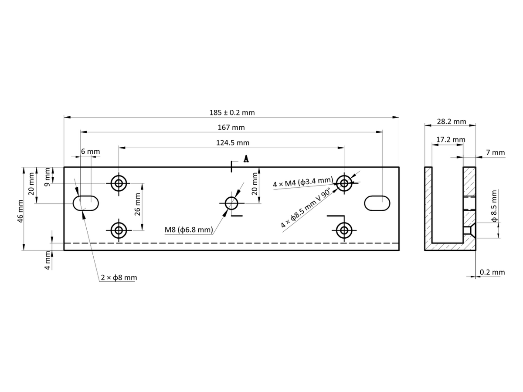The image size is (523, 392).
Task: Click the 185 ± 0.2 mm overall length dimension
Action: (232, 112)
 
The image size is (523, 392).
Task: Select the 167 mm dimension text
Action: (231, 127)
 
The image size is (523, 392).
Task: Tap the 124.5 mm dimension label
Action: (233, 142)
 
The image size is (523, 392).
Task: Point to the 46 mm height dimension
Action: (20, 211)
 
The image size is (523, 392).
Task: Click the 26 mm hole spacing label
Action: (137, 204)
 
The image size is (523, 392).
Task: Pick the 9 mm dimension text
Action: (48, 177)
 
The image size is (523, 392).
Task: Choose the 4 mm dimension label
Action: (48, 260)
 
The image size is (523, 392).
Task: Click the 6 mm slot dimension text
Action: (90, 151)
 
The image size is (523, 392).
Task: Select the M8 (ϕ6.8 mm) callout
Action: (189, 230)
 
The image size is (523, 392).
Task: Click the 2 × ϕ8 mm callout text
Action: (119, 277)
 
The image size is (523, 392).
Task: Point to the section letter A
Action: (246, 159)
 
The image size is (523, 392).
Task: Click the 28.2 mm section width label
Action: (451, 122)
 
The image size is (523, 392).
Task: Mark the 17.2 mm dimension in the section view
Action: (451, 139)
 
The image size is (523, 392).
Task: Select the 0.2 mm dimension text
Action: (492, 272)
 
